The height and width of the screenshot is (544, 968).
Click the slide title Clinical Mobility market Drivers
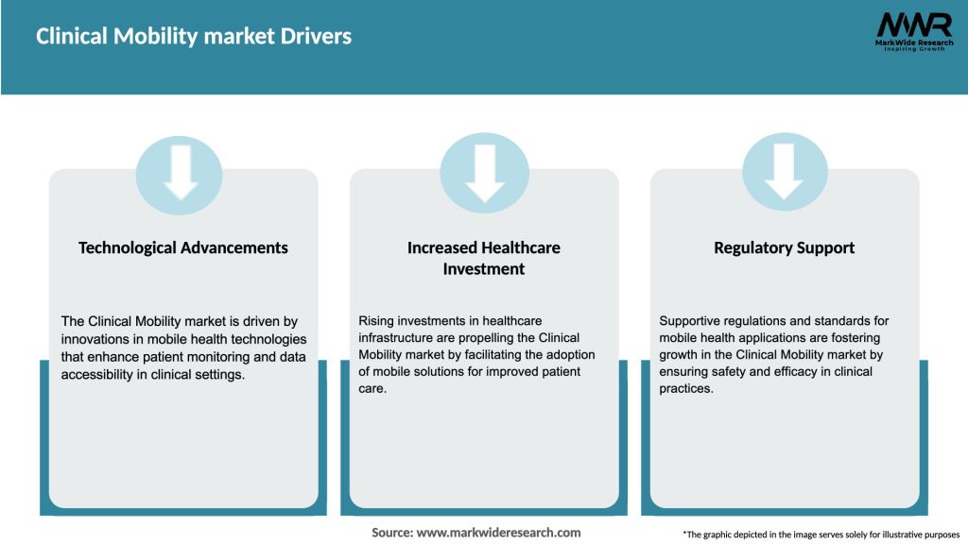[x=194, y=37]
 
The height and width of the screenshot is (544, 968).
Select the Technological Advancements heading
[x=183, y=247]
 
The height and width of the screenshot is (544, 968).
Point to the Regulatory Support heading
[x=785, y=247]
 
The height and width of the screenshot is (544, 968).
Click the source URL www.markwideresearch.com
[x=499, y=533]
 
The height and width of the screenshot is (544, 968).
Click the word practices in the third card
[x=685, y=389]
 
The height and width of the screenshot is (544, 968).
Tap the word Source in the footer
[x=391, y=533]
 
